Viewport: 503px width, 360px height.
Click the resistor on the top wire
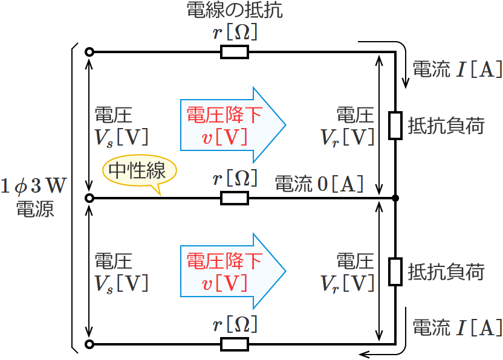234,53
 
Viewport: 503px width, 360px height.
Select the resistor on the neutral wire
234,198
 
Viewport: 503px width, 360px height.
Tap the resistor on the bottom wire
234,344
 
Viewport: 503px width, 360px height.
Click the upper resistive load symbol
395,126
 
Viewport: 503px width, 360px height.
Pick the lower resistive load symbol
395,271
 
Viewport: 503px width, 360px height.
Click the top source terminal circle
89,53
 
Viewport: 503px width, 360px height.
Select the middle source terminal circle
89,198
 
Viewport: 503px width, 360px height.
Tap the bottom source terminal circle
89,344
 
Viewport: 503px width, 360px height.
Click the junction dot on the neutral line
395,198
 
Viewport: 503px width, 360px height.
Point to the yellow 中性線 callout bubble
138,171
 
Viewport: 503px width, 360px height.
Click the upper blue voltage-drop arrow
232,126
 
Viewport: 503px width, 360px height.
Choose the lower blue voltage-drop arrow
232,271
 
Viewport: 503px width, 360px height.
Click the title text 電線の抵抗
235,10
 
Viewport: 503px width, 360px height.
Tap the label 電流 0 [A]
319,182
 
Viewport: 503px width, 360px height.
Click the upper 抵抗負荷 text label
446,126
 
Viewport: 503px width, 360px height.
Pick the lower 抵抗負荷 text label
446,271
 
